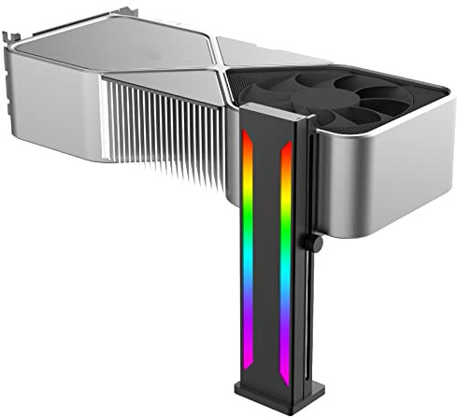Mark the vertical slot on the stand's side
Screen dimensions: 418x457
[303, 261]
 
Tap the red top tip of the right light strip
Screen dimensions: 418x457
[286, 147]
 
